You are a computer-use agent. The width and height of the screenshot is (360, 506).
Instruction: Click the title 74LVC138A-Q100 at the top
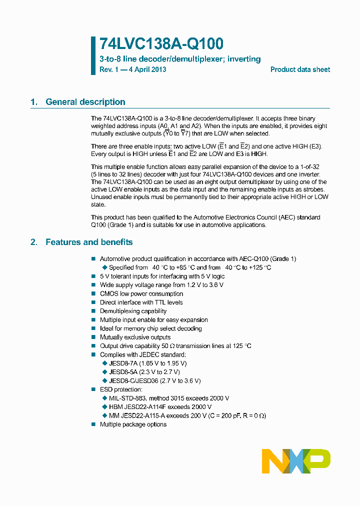(x=161, y=44)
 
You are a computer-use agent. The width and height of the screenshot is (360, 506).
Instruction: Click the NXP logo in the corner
(x=296, y=460)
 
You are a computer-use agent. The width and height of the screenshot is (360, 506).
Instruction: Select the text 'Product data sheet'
(x=300, y=69)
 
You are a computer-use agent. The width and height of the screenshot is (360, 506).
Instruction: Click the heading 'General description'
(x=85, y=102)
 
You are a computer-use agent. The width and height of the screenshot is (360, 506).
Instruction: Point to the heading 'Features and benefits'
(x=89, y=242)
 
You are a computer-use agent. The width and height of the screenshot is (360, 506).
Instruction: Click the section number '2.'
(x=34, y=242)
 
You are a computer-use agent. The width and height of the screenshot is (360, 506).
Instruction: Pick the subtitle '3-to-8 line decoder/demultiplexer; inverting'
(x=180, y=59)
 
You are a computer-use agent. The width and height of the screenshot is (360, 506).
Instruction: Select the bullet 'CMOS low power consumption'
(x=141, y=293)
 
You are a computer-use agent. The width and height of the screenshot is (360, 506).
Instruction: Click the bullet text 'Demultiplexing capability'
(x=133, y=311)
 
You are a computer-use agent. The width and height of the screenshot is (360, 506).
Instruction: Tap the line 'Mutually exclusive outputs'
(x=135, y=337)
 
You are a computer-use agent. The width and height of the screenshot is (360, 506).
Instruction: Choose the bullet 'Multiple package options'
(x=133, y=424)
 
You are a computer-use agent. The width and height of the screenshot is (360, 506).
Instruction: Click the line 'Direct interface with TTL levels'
(x=141, y=302)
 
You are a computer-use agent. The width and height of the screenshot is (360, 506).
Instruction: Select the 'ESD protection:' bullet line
(x=121, y=389)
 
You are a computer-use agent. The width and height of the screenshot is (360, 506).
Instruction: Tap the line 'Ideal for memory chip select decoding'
(x=150, y=328)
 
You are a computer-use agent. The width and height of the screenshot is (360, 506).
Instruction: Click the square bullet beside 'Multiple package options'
(x=93, y=424)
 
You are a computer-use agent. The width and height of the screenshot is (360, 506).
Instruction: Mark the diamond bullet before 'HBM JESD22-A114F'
(x=104, y=407)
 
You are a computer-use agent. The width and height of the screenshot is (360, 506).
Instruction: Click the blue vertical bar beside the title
(x=93, y=55)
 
